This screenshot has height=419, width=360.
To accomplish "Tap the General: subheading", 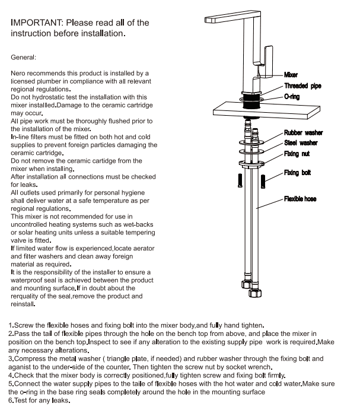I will coord(24,58).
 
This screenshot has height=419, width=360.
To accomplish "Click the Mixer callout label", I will coord(291,75).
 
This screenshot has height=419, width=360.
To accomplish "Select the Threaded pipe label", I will coord(302,86).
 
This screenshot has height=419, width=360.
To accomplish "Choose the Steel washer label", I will coord(301,142).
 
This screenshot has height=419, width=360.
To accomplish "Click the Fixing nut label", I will coord(297,154).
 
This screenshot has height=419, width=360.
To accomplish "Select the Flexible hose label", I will coord(300,199).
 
